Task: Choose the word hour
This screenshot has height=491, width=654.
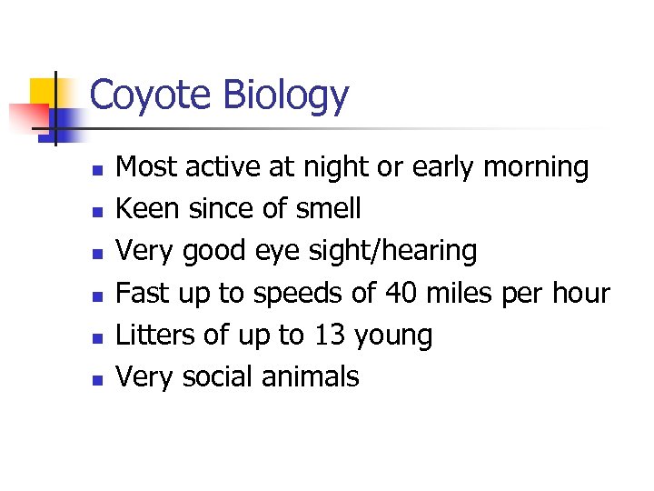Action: point(578,293)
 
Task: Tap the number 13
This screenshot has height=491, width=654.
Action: point(331,335)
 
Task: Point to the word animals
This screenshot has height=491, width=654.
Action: point(312,376)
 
